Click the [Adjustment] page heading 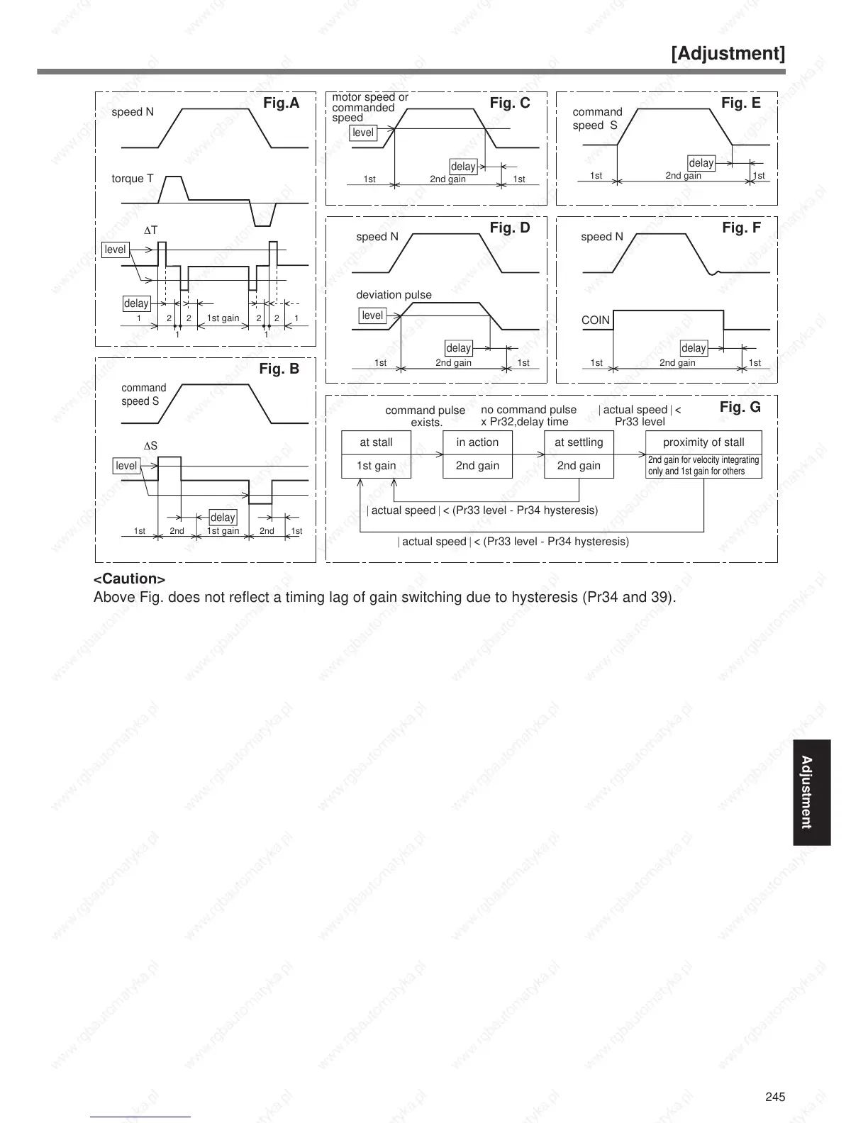(728, 54)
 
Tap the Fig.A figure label (281, 104)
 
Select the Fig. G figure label (740, 407)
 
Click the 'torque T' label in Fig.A (133, 179)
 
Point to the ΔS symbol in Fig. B (150, 446)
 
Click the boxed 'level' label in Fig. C (363, 133)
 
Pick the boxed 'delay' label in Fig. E (701, 163)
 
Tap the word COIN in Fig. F (596, 320)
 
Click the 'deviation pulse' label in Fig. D (394, 295)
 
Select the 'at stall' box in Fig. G (376, 442)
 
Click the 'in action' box (477, 442)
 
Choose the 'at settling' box (579, 442)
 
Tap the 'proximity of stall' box (703, 442)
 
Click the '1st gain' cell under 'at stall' (376, 466)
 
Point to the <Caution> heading (130, 579)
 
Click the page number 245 (775, 1097)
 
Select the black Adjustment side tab (811, 793)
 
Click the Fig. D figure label (510, 228)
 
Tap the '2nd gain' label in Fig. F (677, 363)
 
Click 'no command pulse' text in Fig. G (528, 410)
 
